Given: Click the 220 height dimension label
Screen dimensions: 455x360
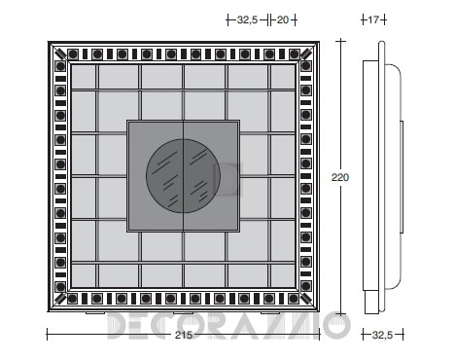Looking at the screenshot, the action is click(340, 177).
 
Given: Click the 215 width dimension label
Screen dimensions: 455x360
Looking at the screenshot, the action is click(184, 335).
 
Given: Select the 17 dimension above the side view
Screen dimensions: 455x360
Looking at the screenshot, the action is click(373, 20).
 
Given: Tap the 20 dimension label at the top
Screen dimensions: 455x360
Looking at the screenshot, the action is click(283, 20).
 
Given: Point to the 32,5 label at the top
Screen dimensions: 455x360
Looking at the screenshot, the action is click(247, 20).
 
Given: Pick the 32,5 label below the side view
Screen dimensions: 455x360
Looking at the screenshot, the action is click(382, 335).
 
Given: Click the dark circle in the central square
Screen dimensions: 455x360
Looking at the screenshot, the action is click(184, 176).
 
